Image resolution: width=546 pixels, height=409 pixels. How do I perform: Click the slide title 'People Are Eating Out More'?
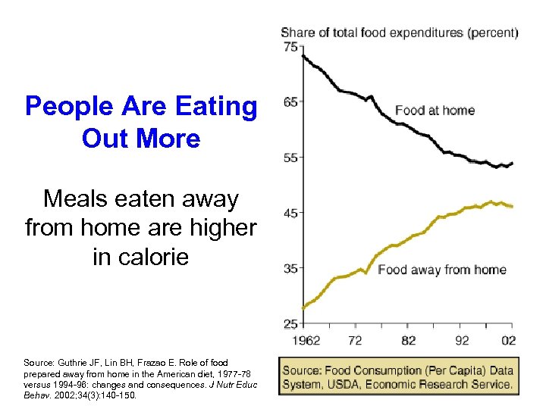141,123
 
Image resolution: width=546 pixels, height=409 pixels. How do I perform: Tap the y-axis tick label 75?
290,46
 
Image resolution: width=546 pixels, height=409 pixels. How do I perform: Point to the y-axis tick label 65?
290,101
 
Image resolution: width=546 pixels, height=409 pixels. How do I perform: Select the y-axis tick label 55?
290,158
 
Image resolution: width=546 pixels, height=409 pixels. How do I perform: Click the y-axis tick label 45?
290,213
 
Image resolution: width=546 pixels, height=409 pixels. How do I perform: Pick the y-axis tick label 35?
290,268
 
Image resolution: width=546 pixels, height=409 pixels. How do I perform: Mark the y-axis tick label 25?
290,324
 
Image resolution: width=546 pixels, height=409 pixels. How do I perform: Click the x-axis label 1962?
304,341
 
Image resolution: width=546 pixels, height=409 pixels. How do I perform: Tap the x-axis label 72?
355,341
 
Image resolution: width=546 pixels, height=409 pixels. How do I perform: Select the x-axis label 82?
408,341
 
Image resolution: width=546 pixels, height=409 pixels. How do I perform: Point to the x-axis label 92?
461,341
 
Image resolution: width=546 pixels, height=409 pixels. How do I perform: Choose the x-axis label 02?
509,341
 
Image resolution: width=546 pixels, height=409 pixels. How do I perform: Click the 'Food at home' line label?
435,111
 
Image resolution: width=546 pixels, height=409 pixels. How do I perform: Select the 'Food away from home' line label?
441,270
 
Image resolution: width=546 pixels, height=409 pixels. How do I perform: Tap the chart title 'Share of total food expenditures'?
400,33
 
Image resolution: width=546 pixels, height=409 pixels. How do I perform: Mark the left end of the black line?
303,55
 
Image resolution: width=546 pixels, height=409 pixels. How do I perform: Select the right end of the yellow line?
513,206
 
